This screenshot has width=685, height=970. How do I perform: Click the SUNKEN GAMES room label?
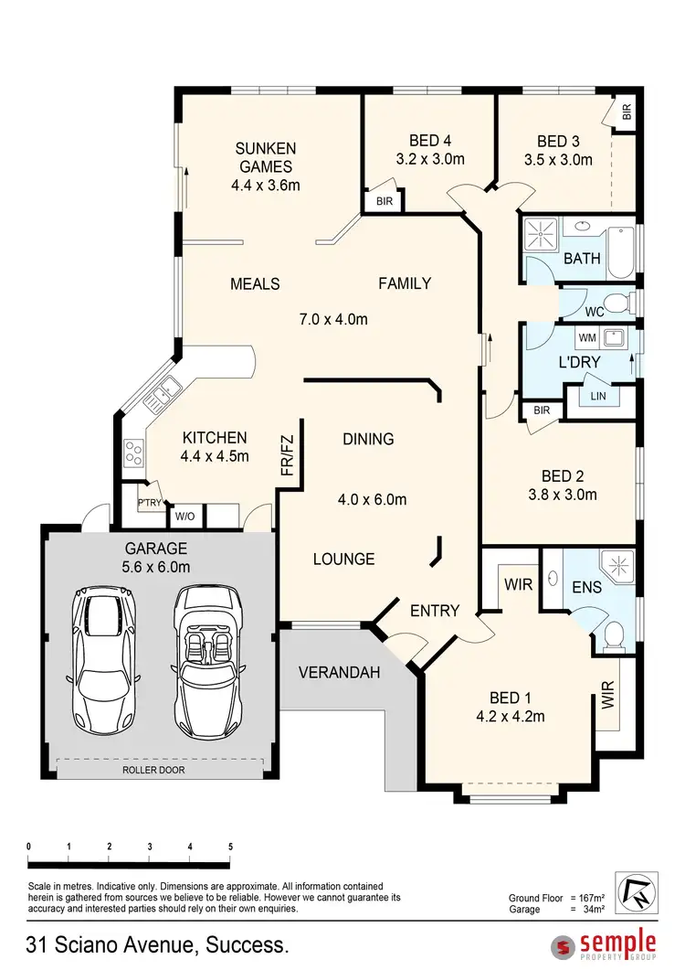(265, 157)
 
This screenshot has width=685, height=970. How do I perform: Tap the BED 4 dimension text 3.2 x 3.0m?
(430, 159)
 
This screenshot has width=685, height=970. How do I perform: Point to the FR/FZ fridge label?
(286, 453)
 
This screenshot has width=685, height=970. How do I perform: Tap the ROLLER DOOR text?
(154, 770)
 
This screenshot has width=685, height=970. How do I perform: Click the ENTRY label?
(434, 610)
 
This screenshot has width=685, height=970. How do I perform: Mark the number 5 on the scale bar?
(230, 847)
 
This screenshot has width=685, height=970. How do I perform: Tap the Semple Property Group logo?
(605, 945)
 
